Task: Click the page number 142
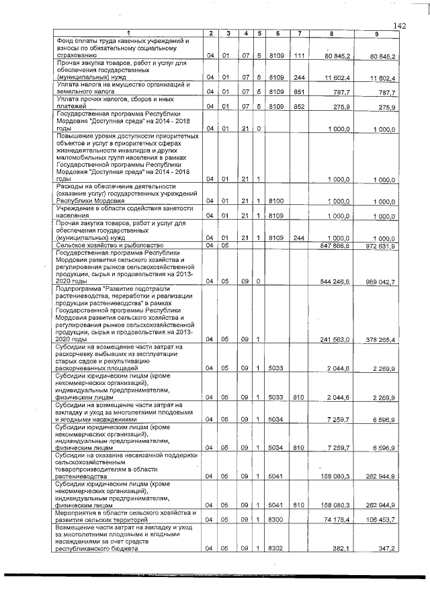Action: coord(400,26)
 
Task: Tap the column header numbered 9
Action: coord(377,34)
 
